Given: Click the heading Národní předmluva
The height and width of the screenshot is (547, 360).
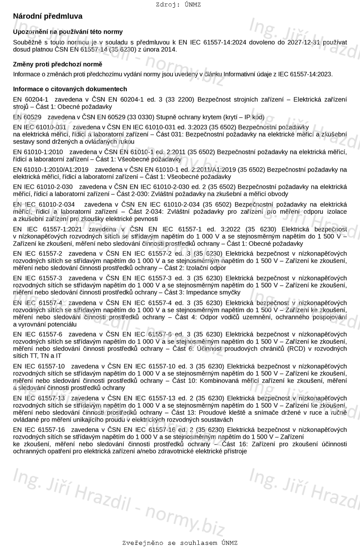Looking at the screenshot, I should coord(47,16).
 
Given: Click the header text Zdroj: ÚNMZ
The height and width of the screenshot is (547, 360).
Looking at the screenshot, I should coord(178,5).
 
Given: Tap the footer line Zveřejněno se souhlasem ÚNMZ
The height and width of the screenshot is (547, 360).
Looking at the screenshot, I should coord(180,543).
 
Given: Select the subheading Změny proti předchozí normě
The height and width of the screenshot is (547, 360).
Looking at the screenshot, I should coord(58,64).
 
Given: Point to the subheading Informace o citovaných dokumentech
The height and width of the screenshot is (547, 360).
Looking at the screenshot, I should coord(70,89).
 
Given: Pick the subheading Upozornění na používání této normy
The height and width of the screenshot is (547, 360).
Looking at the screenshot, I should coord(68,32).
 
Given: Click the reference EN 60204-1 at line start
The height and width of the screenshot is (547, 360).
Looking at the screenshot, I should coord(31,100).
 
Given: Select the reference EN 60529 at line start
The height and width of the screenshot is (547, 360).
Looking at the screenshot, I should coord(27,117).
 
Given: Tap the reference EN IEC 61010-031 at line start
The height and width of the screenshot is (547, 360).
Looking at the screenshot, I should coord(40,127).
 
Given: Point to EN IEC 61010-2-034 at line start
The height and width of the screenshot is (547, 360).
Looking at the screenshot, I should coord(44,204).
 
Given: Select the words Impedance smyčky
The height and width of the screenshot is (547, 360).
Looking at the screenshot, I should coord(213,292).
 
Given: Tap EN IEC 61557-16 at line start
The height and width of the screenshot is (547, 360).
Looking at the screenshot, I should coord(39,430).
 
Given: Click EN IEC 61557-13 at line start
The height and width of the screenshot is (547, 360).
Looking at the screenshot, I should coord(39,398).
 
